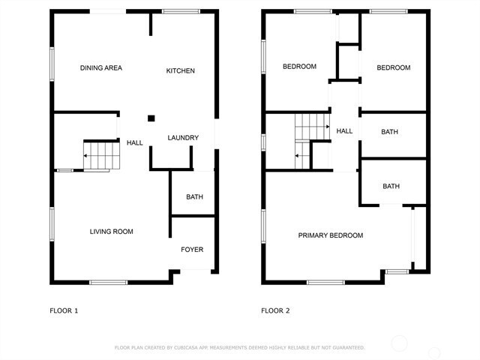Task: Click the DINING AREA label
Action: (x=101, y=68)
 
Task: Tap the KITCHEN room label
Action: (x=180, y=71)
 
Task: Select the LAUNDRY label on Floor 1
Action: (x=183, y=138)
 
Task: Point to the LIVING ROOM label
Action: (x=112, y=232)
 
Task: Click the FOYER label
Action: (x=192, y=250)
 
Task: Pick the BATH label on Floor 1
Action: (x=194, y=197)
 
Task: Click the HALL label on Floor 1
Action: (x=135, y=142)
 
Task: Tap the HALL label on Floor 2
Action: (x=344, y=131)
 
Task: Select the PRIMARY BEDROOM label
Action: (x=331, y=235)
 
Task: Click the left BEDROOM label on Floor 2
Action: (x=299, y=67)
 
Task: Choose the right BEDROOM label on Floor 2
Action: (x=393, y=67)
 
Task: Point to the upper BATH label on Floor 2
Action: (x=390, y=132)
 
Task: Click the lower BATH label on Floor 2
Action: (x=391, y=187)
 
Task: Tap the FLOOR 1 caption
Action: (x=64, y=310)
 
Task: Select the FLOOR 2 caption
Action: (x=275, y=310)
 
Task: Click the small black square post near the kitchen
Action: (x=151, y=118)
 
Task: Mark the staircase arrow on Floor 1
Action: (x=86, y=156)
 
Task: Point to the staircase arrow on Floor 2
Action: (x=298, y=156)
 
